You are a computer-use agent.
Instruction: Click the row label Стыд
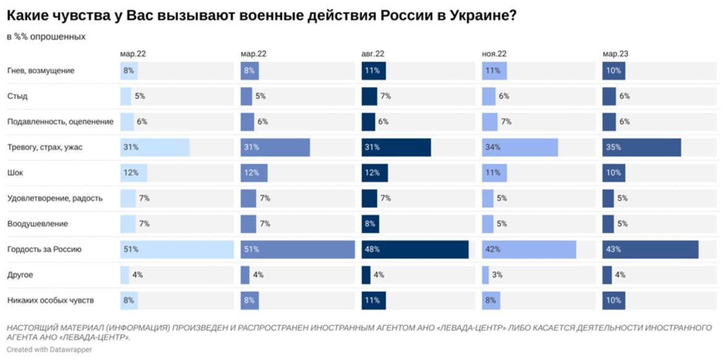(17, 96)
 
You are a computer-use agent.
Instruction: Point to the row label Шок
(15, 173)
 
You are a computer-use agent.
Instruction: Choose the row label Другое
(20, 275)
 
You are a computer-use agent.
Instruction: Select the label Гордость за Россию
(44, 249)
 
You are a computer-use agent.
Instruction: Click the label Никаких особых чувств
(51, 301)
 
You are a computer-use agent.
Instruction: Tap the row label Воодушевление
(37, 224)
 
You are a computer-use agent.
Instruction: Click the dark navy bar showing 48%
(414, 249)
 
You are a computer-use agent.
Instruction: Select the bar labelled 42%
(529, 249)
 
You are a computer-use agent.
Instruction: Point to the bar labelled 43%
(650, 249)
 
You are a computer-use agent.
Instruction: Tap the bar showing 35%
(641, 147)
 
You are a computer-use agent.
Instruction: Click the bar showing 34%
(520, 147)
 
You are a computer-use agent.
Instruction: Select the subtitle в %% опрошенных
(46, 37)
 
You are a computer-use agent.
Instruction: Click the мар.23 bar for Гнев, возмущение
(614, 71)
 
